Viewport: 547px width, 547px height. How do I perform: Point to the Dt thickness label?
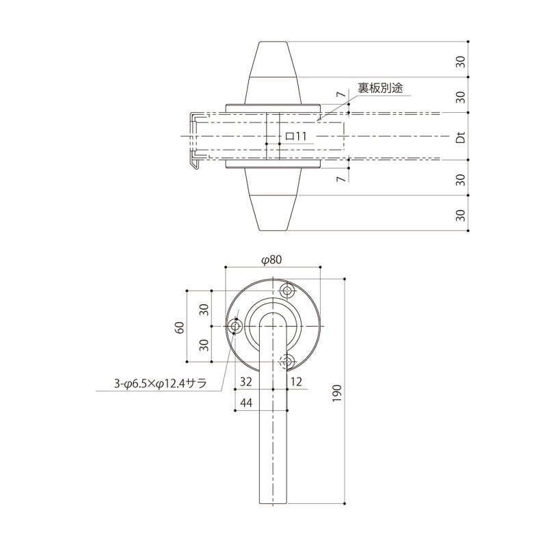point(461,137)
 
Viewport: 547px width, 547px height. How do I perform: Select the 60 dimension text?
point(180,326)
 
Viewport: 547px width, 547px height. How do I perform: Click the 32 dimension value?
point(246,380)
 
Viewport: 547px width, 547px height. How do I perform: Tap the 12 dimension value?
point(297,380)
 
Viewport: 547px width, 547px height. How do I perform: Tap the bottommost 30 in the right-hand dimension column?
point(461,215)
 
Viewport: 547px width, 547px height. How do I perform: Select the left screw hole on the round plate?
point(237,327)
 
